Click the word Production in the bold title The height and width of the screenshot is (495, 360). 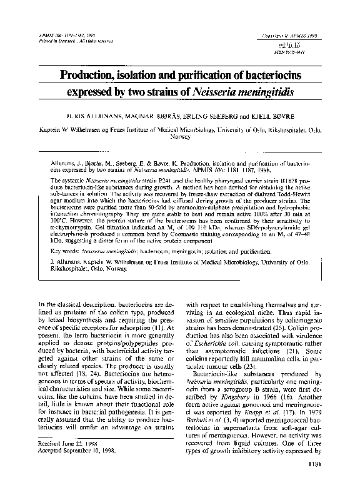pyautogui.click(x=91, y=76)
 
